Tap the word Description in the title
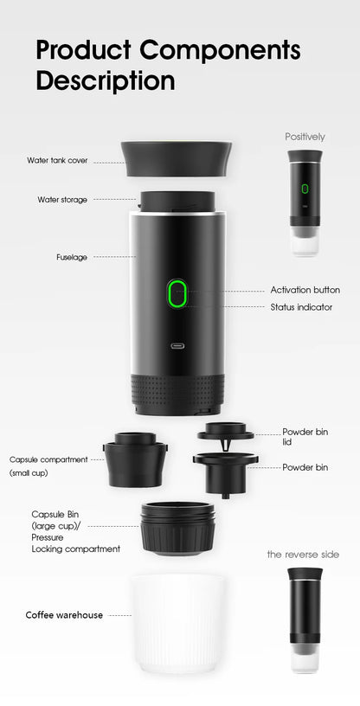[105, 81]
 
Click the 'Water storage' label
[62, 200]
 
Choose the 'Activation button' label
[305, 290]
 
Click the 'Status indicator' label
[301, 307]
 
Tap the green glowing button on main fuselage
[177, 294]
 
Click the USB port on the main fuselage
[178, 348]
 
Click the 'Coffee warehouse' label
[64, 615]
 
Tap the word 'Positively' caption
[305, 137]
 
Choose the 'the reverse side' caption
[303, 554]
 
